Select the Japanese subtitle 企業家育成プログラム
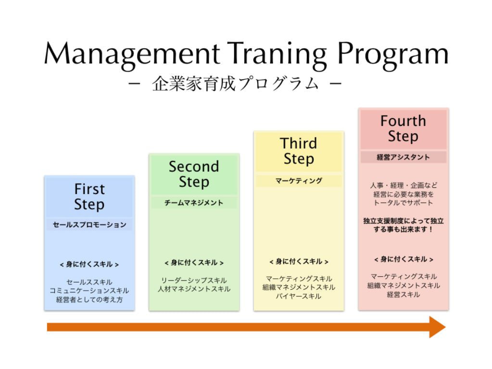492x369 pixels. point(235,84)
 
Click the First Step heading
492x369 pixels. point(89,197)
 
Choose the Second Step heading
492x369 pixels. point(194,174)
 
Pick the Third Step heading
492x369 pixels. point(299,151)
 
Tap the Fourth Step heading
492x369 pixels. point(403,129)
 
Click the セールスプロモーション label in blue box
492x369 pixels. point(89,224)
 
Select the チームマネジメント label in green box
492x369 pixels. point(194,203)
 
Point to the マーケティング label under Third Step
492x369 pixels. point(299,181)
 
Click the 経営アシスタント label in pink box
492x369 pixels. point(403,157)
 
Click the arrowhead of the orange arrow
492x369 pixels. point(438,327)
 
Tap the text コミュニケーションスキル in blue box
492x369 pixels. point(89,291)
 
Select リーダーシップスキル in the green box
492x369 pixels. point(194,280)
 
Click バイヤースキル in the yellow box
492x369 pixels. point(299,296)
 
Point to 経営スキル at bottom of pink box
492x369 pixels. point(403,295)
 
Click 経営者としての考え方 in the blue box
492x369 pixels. point(89,299)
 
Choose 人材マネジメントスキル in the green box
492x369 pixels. point(194,289)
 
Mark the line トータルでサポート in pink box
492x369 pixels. point(403,203)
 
